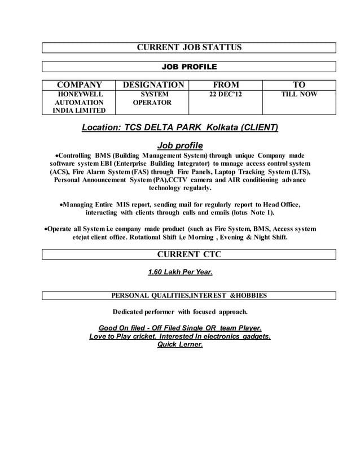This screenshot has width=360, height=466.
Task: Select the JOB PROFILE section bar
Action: tap(189, 67)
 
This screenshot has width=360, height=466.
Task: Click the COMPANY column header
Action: tap(78, 85)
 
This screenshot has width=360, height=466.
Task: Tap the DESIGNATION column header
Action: tap(153, 85)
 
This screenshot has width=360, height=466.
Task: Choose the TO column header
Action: tap(299, 85)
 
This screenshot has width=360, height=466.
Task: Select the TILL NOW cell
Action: tap(299, 95)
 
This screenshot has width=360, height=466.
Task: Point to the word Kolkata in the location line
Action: tap(222, 128)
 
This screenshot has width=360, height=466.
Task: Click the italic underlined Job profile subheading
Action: tap(180, 146)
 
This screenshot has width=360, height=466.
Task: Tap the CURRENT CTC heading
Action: tap(189, 255)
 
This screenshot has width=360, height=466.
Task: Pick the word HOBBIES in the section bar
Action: tap(249, 295)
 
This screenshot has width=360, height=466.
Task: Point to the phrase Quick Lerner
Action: tap(179, 345)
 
